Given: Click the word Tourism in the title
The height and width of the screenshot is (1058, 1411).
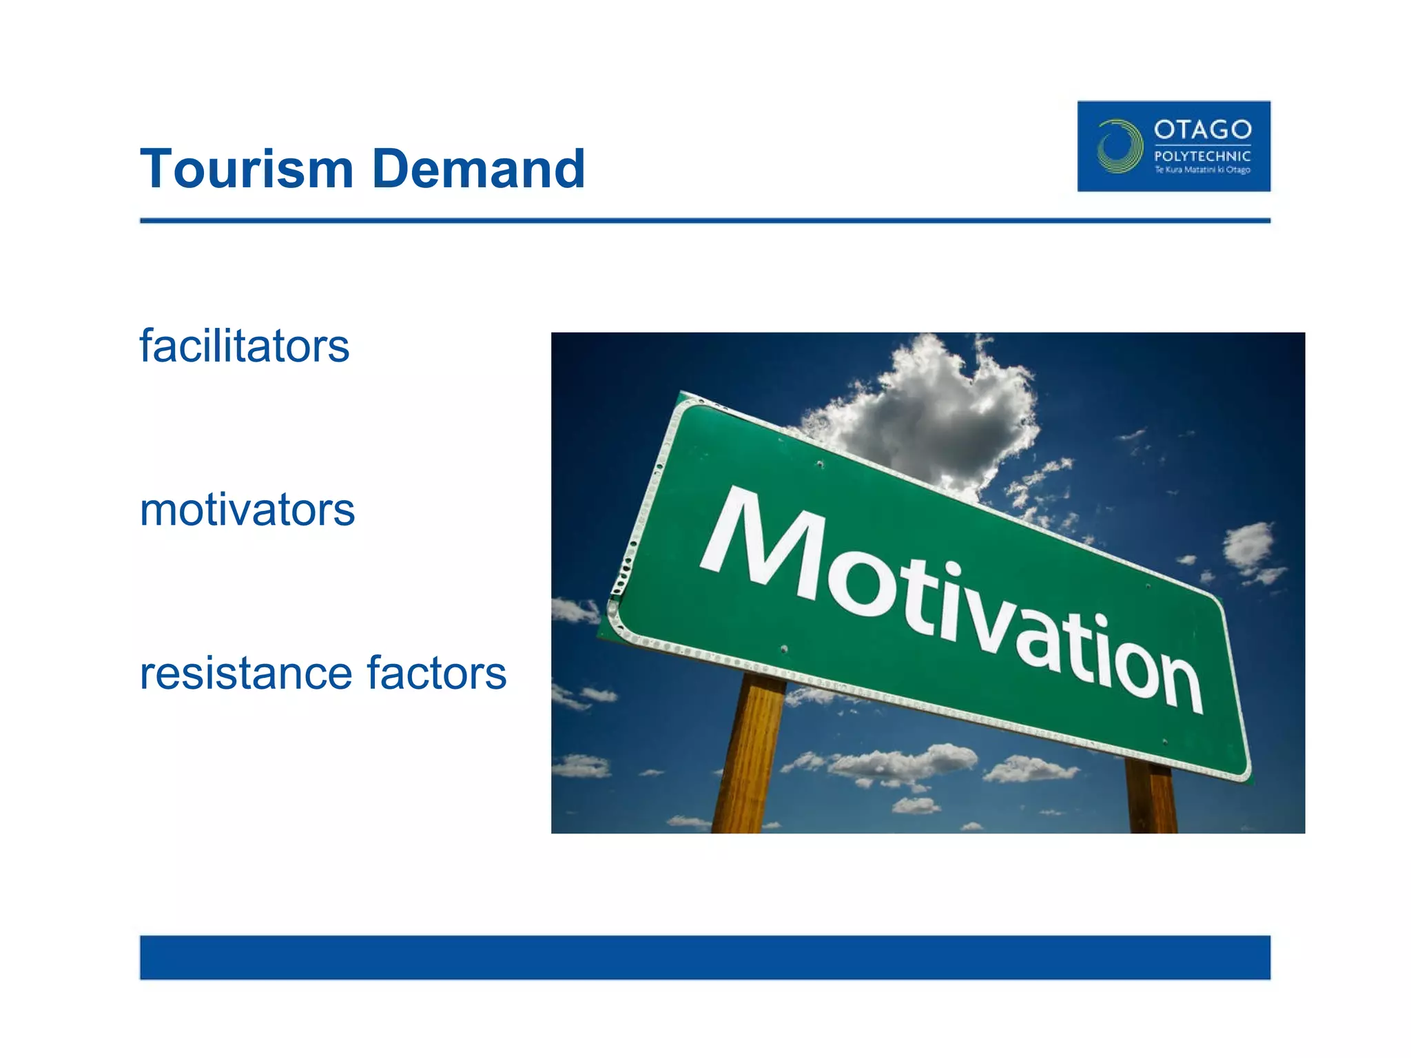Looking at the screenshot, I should coord(247,169).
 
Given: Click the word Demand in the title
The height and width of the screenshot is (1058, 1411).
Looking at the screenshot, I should coord(478,169).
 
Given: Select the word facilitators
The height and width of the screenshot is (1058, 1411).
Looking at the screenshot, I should coord(245,346).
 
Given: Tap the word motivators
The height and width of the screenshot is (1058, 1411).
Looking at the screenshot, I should coord(247,510).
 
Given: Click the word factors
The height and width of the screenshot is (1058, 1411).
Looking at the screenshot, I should coord(437,674).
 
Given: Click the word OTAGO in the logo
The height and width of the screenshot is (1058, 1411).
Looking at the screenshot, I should coord(1202,129).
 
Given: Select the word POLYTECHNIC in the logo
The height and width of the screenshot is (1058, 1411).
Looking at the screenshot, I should coord(1202,156).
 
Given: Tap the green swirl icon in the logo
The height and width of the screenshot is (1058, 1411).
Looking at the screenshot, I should coord(1119,146).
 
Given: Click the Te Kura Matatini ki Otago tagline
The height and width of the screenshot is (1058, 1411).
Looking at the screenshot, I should coord(1202,170).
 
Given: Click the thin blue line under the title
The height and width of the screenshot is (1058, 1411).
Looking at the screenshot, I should coord(705,220).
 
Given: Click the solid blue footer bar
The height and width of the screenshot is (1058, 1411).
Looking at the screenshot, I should coord(705,957).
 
